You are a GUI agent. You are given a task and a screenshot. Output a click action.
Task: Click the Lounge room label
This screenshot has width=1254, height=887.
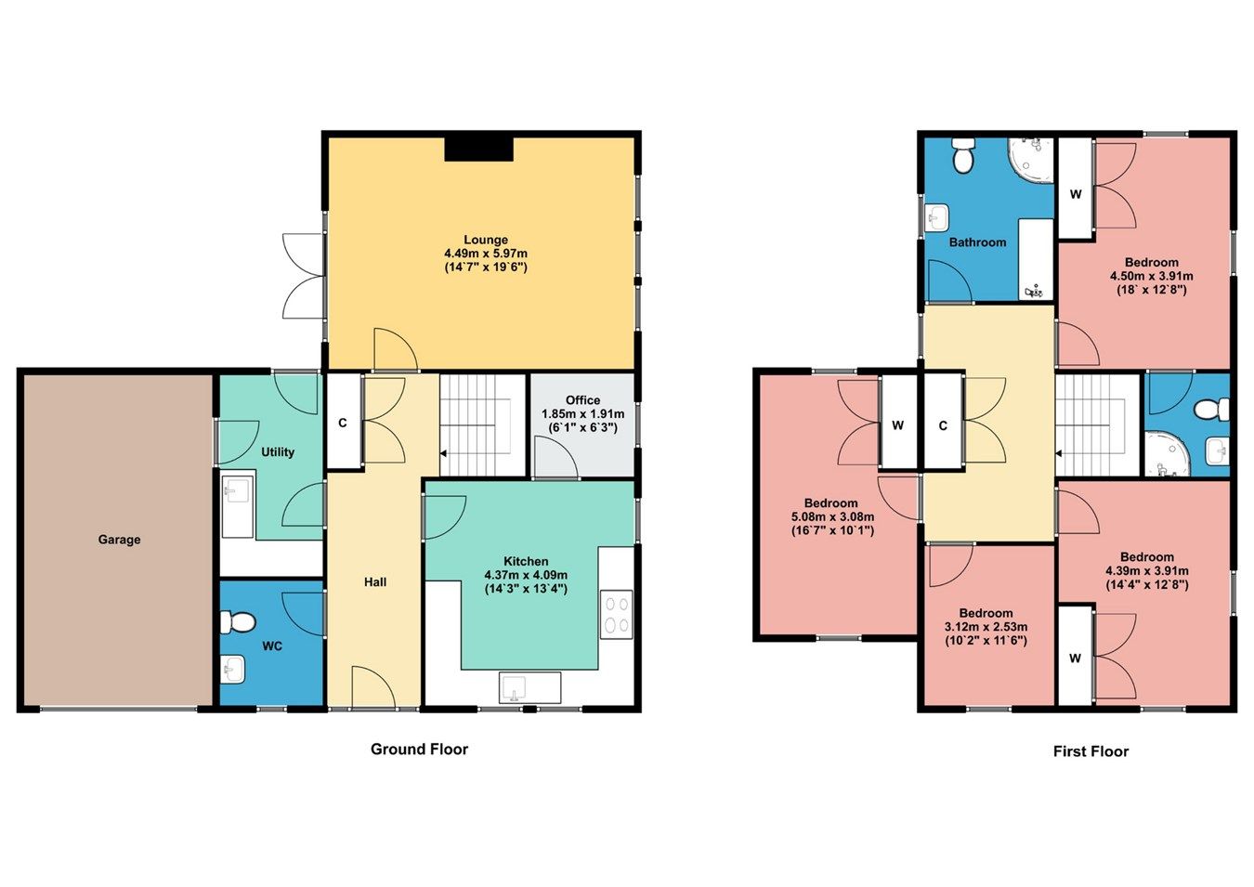(x=486, y=240)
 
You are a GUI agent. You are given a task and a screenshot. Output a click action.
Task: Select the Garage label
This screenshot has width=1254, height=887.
(x=120, y=540)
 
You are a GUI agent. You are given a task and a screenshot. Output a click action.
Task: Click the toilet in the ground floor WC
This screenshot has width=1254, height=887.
(x=240, y=621)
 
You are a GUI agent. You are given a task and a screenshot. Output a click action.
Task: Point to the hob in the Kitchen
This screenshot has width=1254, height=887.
(x=616, y=614)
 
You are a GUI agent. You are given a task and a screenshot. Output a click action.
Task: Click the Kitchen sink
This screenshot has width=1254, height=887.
(x=513, y=688)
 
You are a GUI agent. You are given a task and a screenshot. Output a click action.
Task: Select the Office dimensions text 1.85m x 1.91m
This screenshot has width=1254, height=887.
(x=582, y=414)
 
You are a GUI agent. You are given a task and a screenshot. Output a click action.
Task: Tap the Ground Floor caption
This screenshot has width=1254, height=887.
(x=419, y=750)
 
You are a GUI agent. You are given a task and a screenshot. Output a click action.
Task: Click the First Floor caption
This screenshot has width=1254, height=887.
(x=1091, y=751)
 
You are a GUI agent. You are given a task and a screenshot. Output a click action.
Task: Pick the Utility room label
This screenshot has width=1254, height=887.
(x=278, y=452)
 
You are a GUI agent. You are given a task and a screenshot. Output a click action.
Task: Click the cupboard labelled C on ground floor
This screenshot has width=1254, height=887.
(x=343, y=424)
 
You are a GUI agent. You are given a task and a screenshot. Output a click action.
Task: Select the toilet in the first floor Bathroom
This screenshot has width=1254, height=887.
(x=962, y=155)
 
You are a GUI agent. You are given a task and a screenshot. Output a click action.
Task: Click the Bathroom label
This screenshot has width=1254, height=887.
(x=977, y=242)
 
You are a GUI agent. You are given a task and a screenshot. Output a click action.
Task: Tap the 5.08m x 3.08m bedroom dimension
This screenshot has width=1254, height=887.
(x=832, y=517)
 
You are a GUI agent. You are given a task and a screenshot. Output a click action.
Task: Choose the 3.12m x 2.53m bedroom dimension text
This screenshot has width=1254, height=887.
(x=986, y=627)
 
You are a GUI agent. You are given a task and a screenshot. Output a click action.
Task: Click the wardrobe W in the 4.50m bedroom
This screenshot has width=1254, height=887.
(x=1076, y=195)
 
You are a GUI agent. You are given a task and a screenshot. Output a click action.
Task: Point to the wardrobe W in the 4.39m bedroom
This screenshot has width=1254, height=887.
(x=1075, y=659)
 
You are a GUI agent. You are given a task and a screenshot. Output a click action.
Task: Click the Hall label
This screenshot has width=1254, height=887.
(x=375, y=582)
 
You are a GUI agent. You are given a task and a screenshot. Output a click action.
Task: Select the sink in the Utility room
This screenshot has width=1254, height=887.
(x=238, y=489)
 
